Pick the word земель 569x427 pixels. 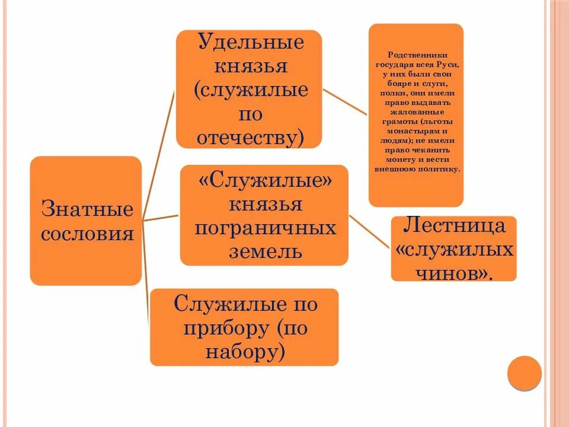265,251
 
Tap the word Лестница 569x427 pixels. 454,225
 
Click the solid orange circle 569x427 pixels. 525,373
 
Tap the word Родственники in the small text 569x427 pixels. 417,52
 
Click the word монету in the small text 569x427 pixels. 395,160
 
